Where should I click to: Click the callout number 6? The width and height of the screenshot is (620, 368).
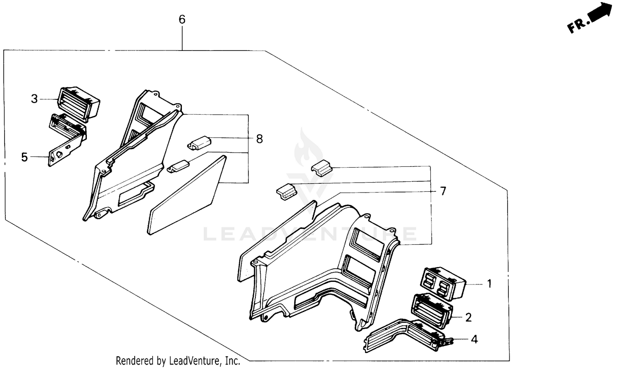point(182,19)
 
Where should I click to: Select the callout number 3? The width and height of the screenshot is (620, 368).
point(34,99)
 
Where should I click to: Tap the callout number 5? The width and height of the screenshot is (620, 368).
point(24,157)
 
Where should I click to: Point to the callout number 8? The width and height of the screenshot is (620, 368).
point(259,139)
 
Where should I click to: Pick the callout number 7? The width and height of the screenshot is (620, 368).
point(443,191)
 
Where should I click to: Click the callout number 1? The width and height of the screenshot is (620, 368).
point(489,284)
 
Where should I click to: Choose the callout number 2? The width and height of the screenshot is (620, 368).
point(468,317)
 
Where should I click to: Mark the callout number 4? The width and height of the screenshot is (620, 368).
point(474,339)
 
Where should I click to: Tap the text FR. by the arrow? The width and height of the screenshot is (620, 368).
point(577,26)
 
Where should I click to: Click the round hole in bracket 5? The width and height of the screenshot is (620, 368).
point(59,154)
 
